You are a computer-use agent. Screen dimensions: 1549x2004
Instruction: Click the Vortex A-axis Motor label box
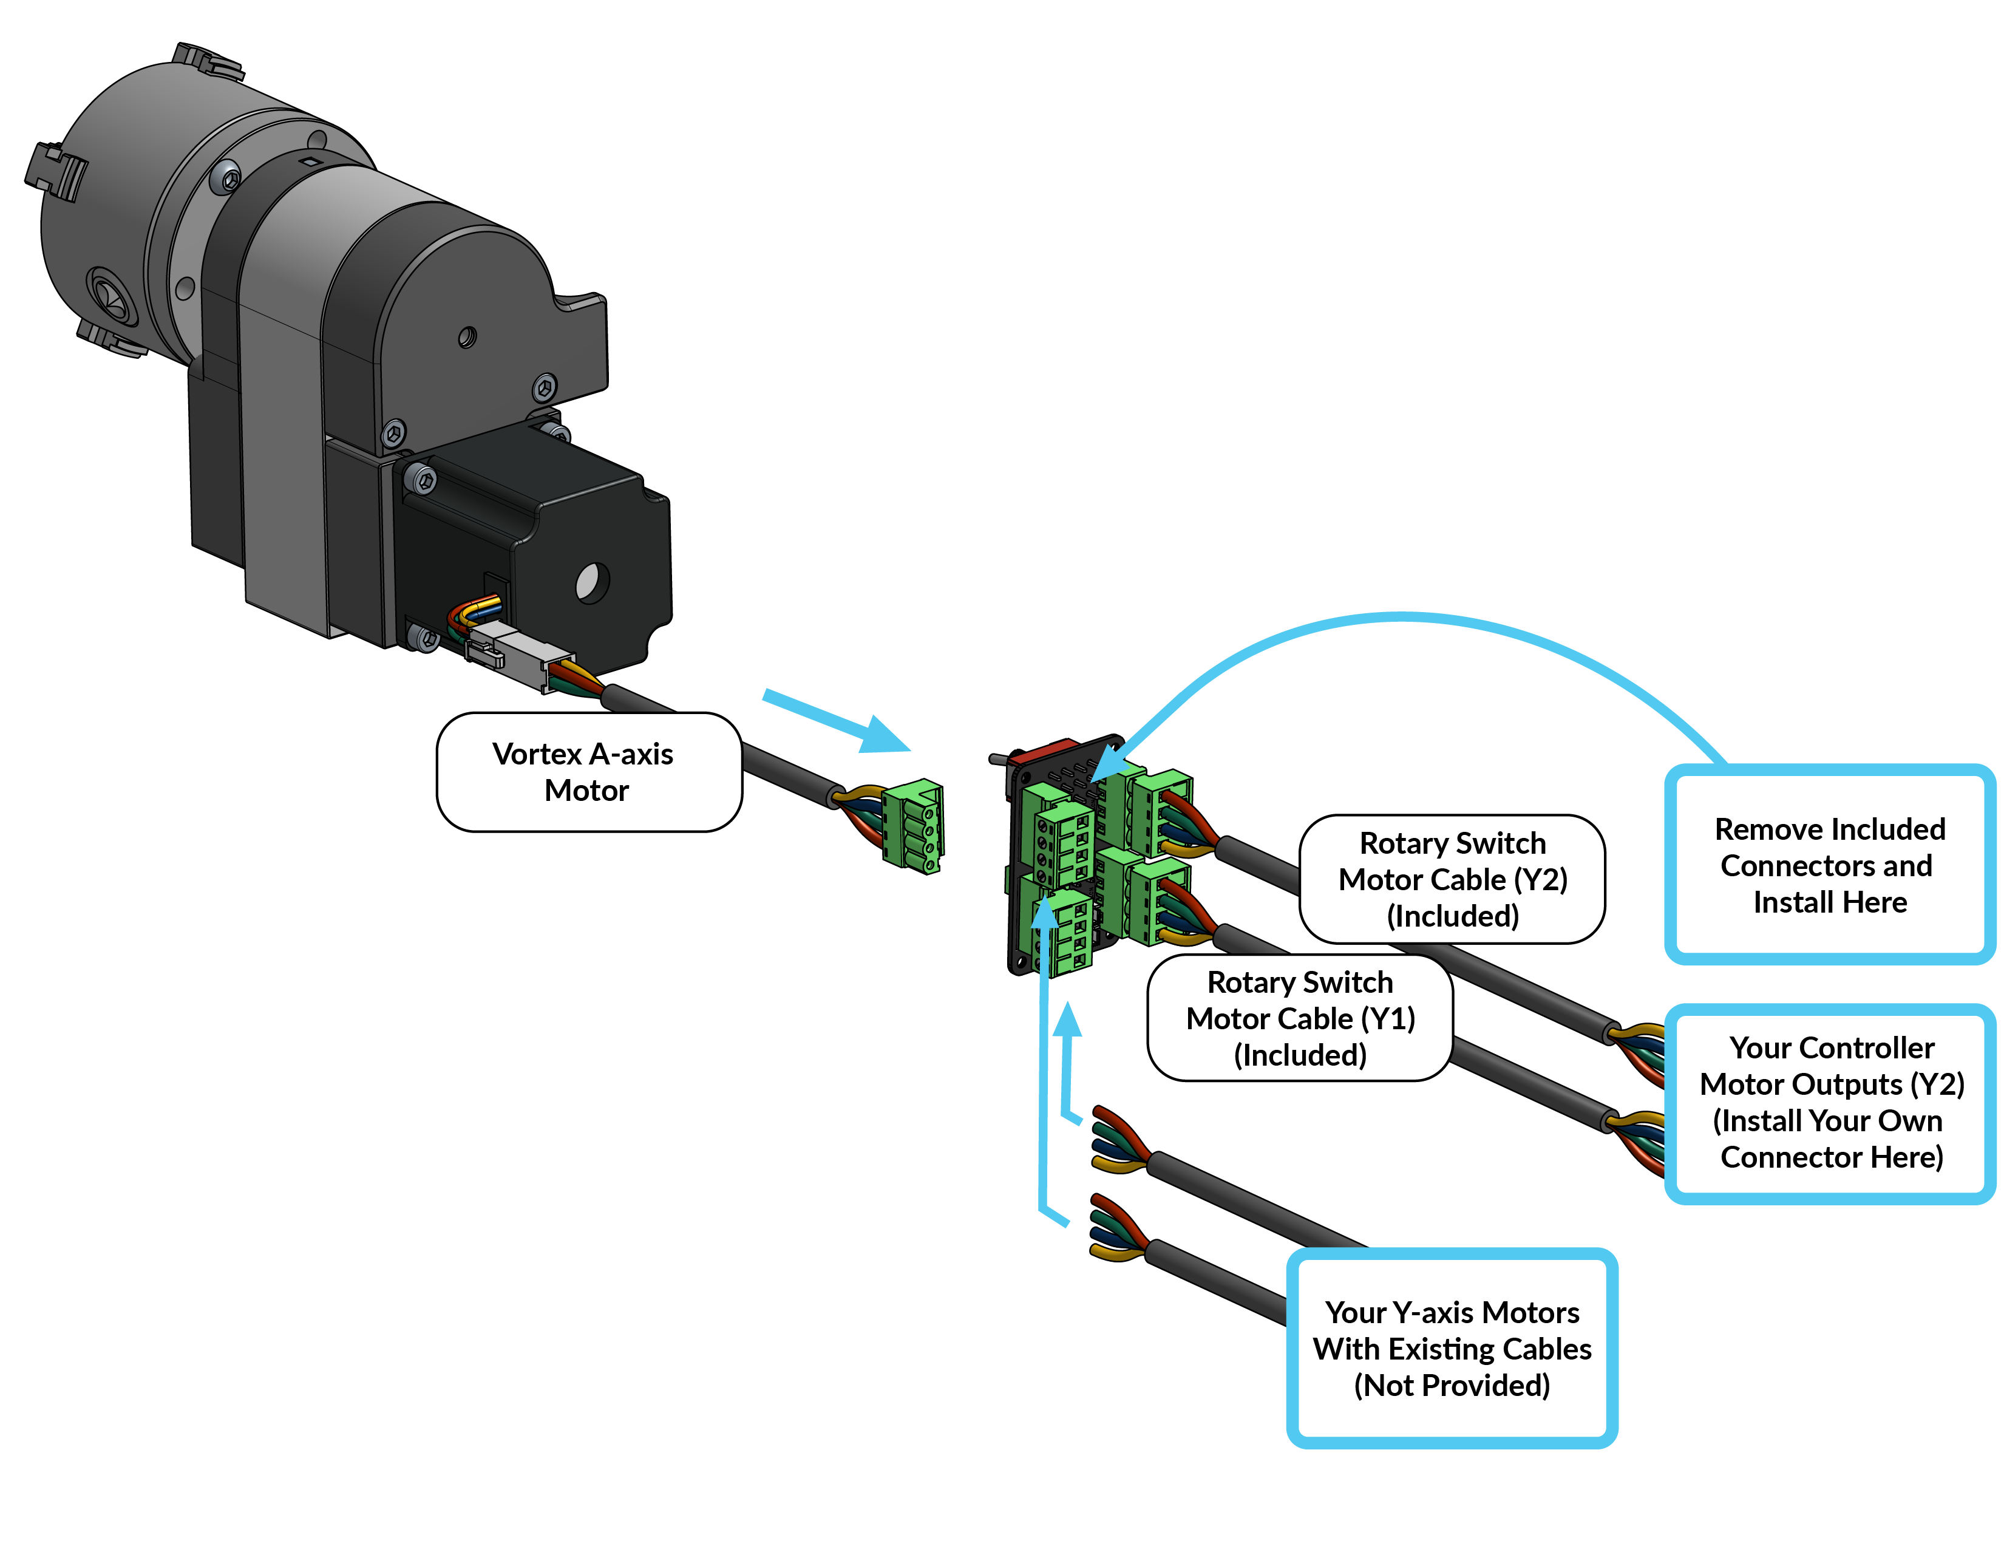point(588,772)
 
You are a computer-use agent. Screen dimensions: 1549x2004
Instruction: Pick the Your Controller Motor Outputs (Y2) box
point(1830,1102)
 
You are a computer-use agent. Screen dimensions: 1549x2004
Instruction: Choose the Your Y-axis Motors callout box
point(1452,1347)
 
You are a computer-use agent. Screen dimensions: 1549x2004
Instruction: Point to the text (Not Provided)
point(1452,1384)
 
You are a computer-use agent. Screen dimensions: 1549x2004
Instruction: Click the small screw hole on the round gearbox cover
point(467,338)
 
